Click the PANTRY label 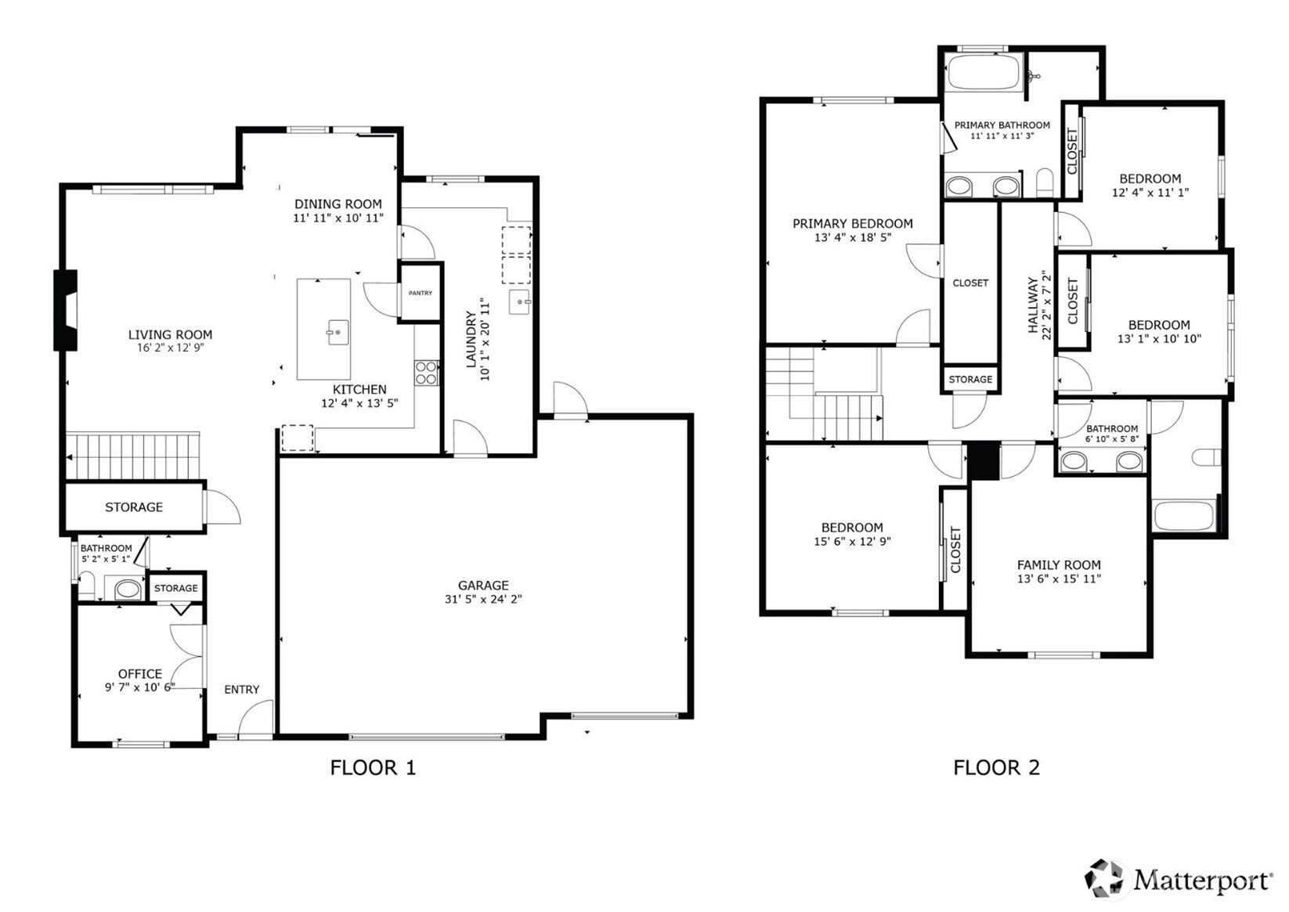[x=420, y=293]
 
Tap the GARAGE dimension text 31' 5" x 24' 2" [x=483, y=599]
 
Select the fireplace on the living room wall [x=66, y=309]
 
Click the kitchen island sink [x=338, y=332]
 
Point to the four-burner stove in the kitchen [x=427, y=373]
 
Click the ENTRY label [x=242, y=689]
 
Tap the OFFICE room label [x=140, y=673]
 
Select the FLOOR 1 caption [x=373, y=767]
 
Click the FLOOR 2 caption [x=997, y=767]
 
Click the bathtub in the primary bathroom [x=984, y=71]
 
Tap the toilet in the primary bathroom [x=1045, y=182]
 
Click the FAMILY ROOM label [x=1059, y=565]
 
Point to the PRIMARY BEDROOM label [x=853, y=223]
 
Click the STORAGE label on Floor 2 [x=970, y=379]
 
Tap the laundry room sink [x=520, y=301]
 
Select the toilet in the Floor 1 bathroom [x=87, y=585]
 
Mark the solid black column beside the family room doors [x=984, y=461]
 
